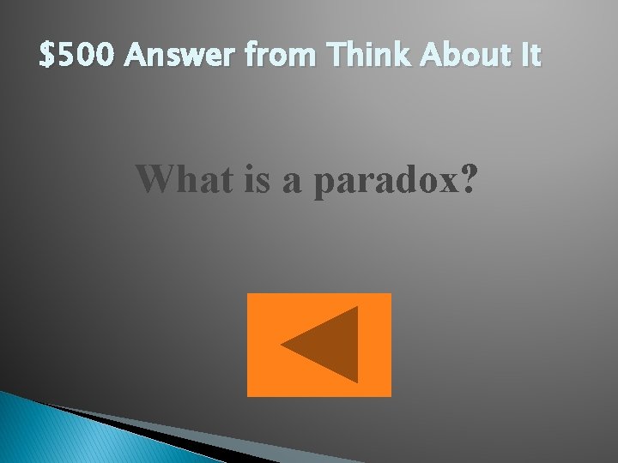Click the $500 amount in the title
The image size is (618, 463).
79,57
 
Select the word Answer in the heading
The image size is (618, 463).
181,57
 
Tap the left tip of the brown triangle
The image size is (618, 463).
282,345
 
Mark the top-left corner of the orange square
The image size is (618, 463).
249,295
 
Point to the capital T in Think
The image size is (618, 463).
334,57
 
